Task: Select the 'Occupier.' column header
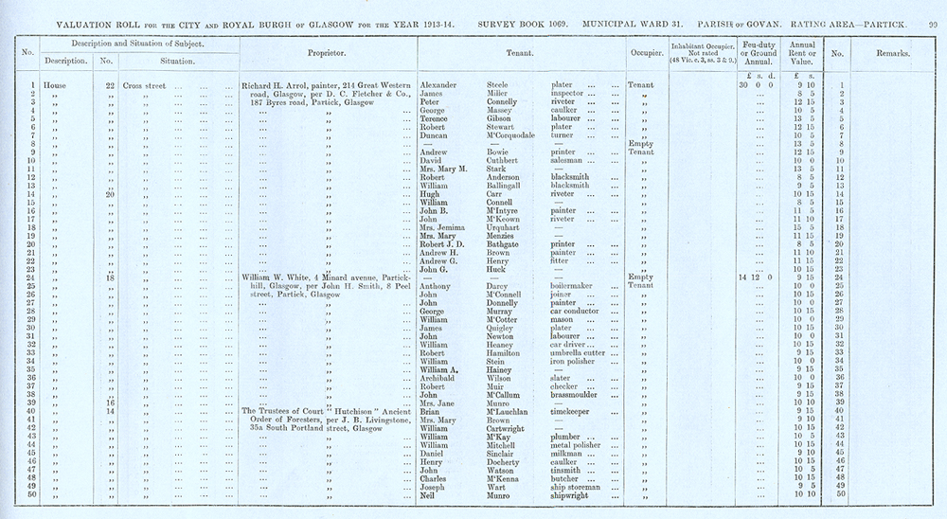(644, 54)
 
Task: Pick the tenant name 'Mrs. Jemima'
(441, 227)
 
